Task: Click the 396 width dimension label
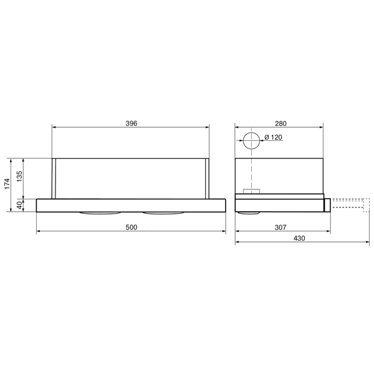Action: coord(130,123)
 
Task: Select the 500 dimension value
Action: coord(130,228)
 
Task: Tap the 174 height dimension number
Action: coord(7,185)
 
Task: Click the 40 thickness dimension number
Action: coord(19,204)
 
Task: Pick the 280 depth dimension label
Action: coord(280,123)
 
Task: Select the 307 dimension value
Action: coord(280,228)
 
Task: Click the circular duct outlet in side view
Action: coord(252,141)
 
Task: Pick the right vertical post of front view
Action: coord(206,179)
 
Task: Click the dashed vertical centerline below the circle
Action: coord(252,171)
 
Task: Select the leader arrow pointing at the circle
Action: coord(262,143)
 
